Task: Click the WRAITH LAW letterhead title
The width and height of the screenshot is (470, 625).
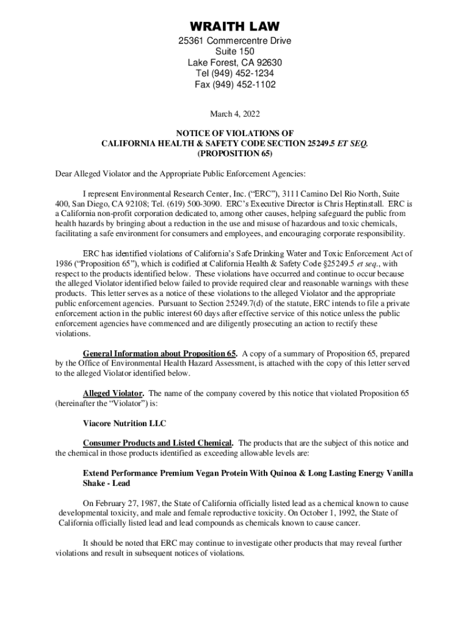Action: pyautogui.click(x=235, y=27)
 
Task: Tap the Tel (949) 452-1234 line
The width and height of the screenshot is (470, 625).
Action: pyautogui.click(x=235, y=74)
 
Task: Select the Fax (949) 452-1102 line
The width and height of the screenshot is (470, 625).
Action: pyautogui.click(x=235, y=85)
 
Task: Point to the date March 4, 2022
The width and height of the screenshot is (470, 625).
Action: pyautogui.click(x=235, y=114)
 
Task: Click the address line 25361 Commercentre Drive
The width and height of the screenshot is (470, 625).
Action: pyautogui.click(x=235, y=41)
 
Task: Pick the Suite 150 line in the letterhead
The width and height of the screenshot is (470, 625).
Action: pyautogui.click(x=235, y=52)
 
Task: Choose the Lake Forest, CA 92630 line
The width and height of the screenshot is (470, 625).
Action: pyautogui.click(x=235, y=63)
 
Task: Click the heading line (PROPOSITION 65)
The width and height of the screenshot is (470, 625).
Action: pyautogui.click(x=235, y=154)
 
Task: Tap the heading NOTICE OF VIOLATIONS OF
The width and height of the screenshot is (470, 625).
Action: pyautogui.click(x=235, y=133)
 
